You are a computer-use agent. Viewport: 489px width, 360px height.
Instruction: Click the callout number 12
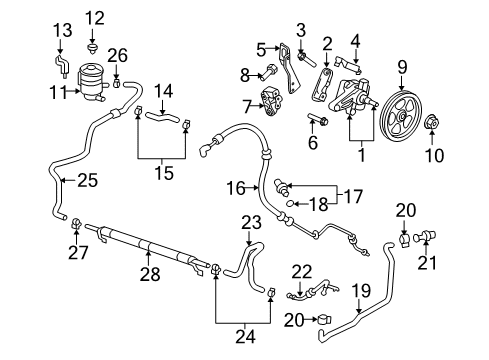(x=95, y=18)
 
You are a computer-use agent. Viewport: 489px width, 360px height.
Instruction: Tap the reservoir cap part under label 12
(x=92, y=48)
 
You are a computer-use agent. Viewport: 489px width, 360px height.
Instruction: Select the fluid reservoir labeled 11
(x=91, y=82)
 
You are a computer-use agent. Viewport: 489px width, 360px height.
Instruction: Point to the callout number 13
(x=63, y=30)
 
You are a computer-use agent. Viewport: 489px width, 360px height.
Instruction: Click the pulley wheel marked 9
(x=402, y=116)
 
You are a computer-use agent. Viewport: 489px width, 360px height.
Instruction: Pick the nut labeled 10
(x=431, y=122)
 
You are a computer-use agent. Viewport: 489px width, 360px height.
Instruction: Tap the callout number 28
(x=150, y=274)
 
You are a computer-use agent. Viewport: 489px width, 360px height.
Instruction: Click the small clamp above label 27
(x=77, y=223)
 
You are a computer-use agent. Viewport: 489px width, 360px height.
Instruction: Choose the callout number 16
(x=236, y=188)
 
